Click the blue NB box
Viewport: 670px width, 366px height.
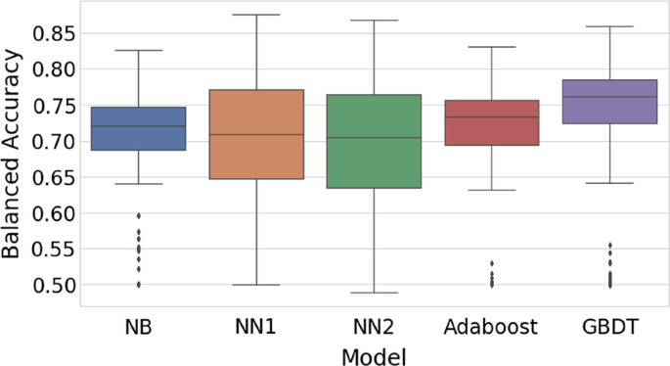coord(138,128)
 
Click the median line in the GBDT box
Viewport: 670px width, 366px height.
coord(609,96)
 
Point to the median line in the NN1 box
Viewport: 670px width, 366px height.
coord(256,135)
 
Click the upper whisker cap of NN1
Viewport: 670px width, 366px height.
coord(256,15)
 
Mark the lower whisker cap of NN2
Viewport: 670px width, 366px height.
coord(374,293)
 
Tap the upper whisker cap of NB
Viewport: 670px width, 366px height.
coord(138,50)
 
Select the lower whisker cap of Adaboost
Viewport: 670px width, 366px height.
coord(492,189)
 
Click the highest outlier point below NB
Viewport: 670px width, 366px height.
coord(138,215)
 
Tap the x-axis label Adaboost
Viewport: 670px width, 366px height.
coord(492,326)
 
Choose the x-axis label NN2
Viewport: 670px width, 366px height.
coord(374,326)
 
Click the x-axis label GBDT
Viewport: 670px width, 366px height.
coord(609,326)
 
